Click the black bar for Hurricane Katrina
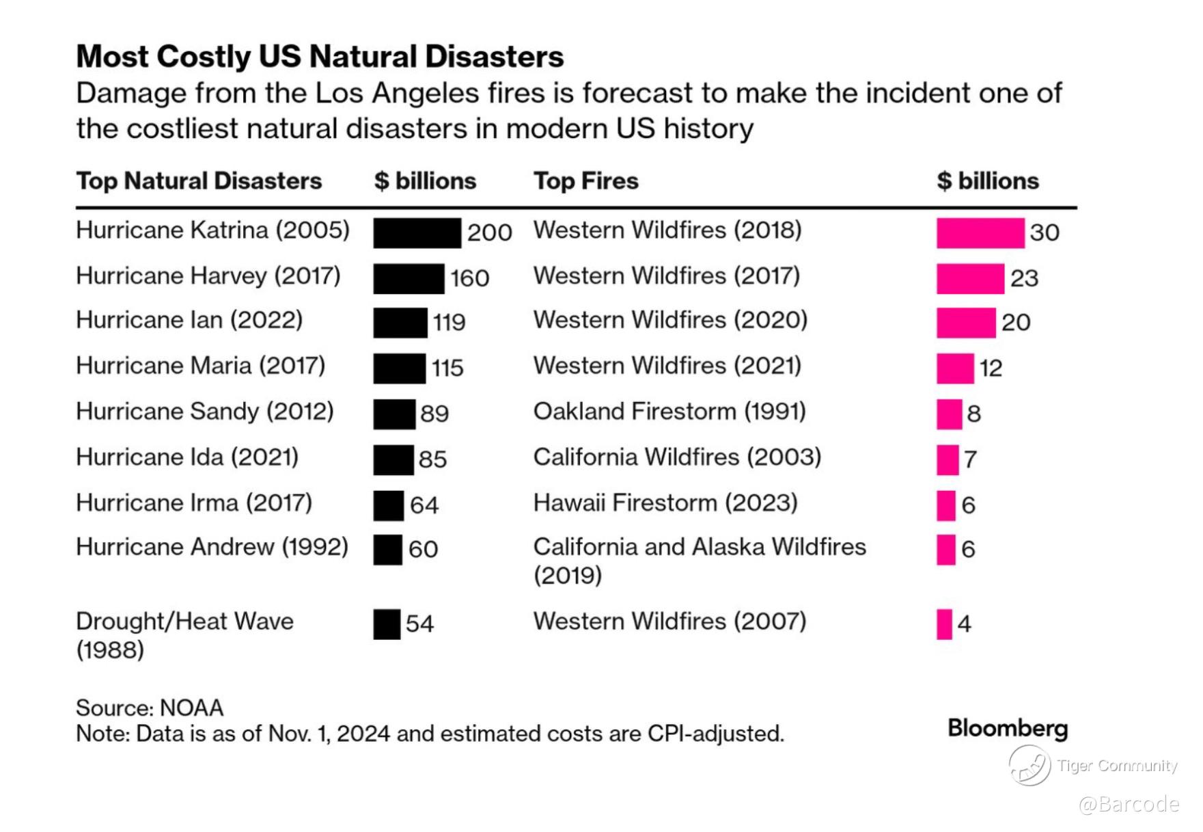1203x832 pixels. pos(417,233)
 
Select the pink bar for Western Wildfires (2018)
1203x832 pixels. pos(980,233)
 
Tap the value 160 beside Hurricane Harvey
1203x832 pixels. pos(469,278)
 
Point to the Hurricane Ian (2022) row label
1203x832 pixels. pos(189,320)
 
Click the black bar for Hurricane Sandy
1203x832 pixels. pos(394,414)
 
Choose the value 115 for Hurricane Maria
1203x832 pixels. pos(447,368)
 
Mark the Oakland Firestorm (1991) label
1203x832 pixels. pos(669,412)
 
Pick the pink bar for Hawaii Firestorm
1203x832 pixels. pos(945,506)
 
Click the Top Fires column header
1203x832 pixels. pos(585,181)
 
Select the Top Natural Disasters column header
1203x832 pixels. pos(199,181)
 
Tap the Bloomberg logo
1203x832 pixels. pos(1007,729)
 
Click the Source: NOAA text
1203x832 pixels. pos(150,708)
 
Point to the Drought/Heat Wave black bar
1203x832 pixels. pos(387,624)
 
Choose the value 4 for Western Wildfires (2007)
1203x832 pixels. pos(964,623)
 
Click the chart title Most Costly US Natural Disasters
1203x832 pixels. pos(320,57)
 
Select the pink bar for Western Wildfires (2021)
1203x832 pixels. pos(954,368)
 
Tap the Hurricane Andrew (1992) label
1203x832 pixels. pos(212,547)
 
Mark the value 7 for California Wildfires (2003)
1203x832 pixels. pos(970,459)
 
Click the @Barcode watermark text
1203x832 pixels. pos(1129,804)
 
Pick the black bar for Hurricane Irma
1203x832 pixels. pos(388,506)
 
